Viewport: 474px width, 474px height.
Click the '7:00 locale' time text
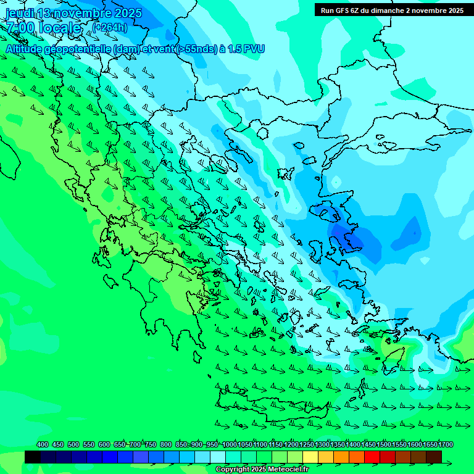[43, 28]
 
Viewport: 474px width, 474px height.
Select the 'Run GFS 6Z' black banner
[392, 10]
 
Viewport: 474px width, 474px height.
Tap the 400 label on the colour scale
[43, 444]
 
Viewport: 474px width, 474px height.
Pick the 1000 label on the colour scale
[229, 444]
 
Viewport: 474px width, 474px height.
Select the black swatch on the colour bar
[33, 457]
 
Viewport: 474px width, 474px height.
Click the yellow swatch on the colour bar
[310, 457]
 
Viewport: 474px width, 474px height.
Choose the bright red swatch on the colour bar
[372, 457]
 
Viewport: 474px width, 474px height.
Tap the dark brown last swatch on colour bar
[434, 457]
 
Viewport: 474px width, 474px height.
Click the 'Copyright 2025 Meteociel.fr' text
[262, 470]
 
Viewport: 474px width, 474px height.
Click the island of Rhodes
[390, 359]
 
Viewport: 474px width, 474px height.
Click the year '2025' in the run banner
[455, 10]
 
